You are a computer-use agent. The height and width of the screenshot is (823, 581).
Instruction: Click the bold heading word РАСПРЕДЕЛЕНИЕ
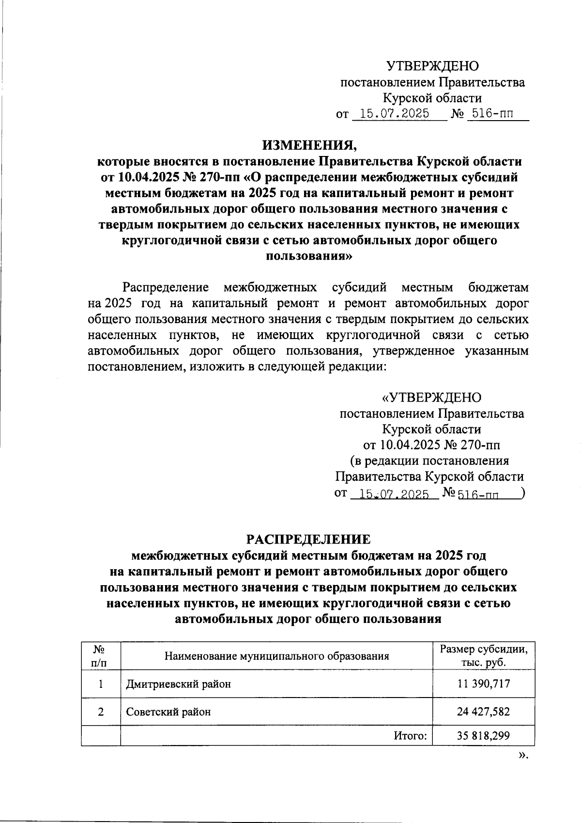[x=308, y=539]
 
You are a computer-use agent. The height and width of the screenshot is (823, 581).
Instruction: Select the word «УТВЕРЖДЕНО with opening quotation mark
[x=432, y=398]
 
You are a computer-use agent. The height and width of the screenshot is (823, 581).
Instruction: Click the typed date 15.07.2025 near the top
[x=392, y=114]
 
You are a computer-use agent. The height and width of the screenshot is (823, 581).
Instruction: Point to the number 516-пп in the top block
[x=490, y=114]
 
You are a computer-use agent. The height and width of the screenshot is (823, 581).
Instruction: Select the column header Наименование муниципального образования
[x=277, y=656]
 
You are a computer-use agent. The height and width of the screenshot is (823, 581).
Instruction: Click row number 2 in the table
[x=100, y=712]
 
